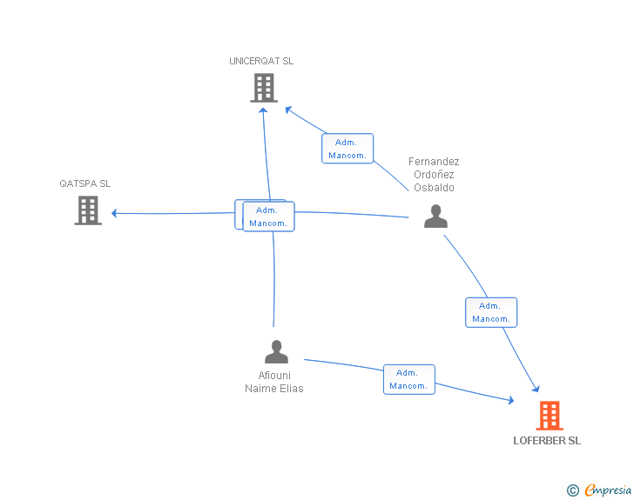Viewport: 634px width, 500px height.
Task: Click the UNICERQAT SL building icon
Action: [x=264, y=88]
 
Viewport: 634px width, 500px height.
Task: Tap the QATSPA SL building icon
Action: [x=88, y=210]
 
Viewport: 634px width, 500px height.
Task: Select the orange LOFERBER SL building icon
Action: [x=550, y=416]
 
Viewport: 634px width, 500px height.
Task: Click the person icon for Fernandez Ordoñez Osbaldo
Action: [x=435, y=216]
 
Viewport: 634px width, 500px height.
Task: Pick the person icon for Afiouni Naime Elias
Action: [x=276, y=351]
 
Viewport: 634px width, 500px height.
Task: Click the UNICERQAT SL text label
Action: [x=261, y=61]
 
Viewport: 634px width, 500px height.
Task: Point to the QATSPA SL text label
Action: [x=85, y=183]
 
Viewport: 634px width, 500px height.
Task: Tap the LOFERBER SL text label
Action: [x=547, y=441]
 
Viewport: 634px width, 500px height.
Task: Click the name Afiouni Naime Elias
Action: [x=274, y=382]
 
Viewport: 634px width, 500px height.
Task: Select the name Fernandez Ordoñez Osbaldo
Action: [x=434, y=175]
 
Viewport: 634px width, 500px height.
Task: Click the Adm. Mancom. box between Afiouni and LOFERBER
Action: [x=408, y=379]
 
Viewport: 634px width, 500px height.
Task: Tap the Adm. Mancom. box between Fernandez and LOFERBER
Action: [x=491, y=312]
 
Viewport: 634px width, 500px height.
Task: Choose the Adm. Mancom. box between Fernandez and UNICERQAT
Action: [x=347, y=148]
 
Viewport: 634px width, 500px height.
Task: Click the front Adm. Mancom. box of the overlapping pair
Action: [x=268, y=217]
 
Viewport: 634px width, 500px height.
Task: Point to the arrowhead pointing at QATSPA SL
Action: [x=114, y=213]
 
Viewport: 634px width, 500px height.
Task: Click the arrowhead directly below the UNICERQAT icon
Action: [x=263, y=110]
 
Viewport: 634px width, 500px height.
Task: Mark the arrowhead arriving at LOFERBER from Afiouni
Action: [x=511, y=400]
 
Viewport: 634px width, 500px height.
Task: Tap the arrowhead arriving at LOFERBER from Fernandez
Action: [x=536, y=389]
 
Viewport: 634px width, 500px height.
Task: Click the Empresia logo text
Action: [x=608, y=490]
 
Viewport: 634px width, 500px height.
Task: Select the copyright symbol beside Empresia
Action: [x=572, y=490]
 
